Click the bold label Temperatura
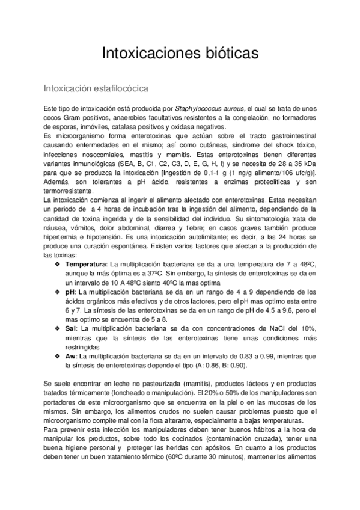85,264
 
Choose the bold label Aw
70,357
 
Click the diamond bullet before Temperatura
58,264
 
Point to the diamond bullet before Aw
58,357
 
